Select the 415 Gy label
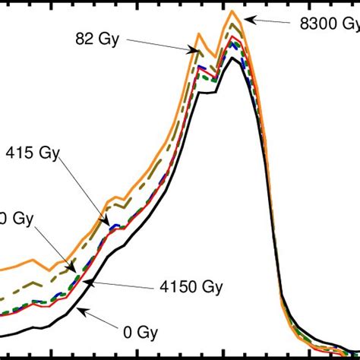tap(33, 151)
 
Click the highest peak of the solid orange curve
tap(233, 12)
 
